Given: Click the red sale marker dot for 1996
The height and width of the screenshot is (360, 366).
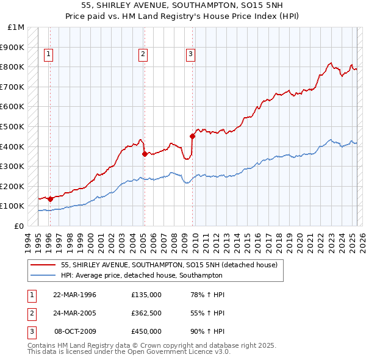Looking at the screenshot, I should [x=50, y=199].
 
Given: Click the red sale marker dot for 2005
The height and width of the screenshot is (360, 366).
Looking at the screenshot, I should [x=145, y=154].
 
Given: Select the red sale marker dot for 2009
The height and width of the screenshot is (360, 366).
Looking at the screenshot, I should [x=192, y=137].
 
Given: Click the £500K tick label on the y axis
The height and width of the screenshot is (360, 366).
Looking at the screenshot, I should [x=13, y=126].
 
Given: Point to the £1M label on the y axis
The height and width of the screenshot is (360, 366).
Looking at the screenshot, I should [x=16, y=27].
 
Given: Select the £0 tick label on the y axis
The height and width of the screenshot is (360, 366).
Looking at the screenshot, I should [x=20, y=226].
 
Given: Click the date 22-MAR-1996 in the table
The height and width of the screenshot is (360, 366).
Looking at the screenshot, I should [x=74, y=295].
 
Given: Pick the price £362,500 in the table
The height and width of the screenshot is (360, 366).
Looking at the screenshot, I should [x=146, y=313].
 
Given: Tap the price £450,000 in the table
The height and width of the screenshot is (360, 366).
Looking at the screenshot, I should [x=146, y=331].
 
